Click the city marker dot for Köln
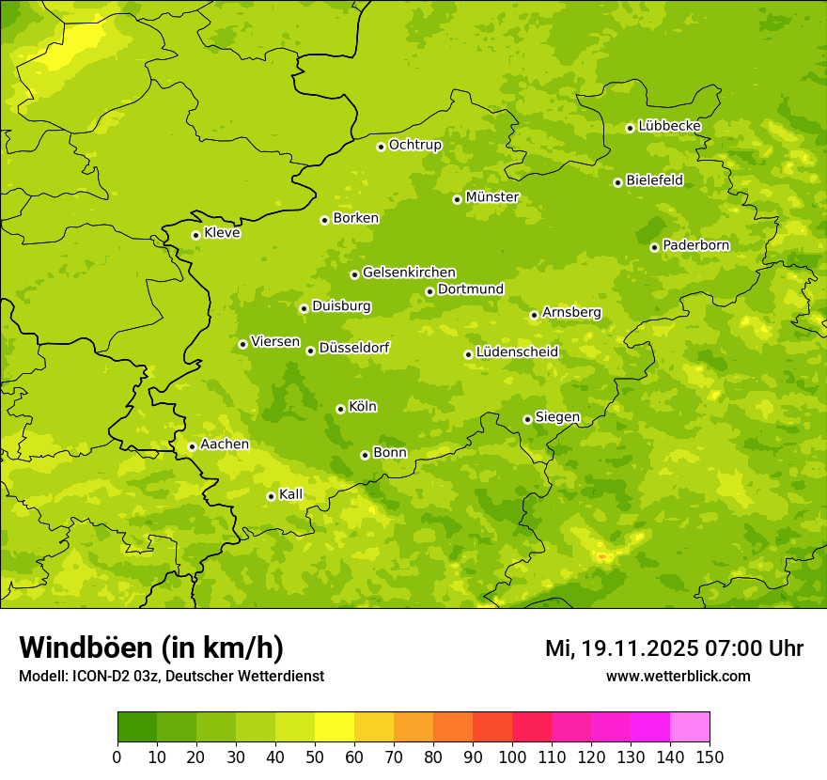pos(340,409)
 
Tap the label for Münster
pos(492,197)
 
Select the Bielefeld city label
pos(654,179)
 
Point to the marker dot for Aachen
pos(192,446)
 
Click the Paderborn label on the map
pos(695,245)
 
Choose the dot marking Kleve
pos(195,235)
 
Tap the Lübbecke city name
pos(669,126)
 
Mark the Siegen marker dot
pos(527,419)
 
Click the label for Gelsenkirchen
pos(409,273)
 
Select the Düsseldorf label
pos(353,348)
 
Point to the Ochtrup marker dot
pos(381,147)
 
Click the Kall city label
pos(291,494)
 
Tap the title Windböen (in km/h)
pos(151,647)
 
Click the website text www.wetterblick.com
pos(678,677)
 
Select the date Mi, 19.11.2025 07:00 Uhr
pos(674,648)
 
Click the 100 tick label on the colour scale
pos(512,757)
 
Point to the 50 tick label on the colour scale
pos(315,757)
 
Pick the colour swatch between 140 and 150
pos(690,727)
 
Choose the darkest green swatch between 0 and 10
pos(137,727)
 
